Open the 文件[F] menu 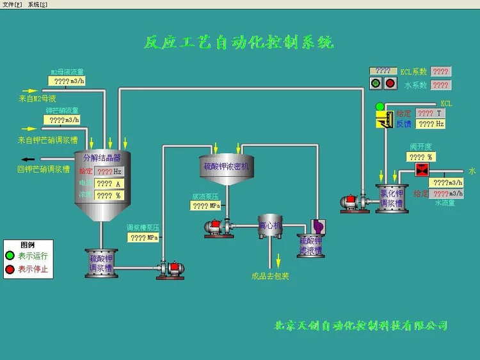13,4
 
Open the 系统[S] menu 38,4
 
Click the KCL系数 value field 440,72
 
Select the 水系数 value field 440,85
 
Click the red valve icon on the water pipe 422,170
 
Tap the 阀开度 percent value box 421,156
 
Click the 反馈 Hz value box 431,124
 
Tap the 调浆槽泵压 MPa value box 143,238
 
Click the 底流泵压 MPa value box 206,206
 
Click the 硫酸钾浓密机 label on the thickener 225,167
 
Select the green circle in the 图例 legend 10,256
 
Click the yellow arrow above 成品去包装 278,259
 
